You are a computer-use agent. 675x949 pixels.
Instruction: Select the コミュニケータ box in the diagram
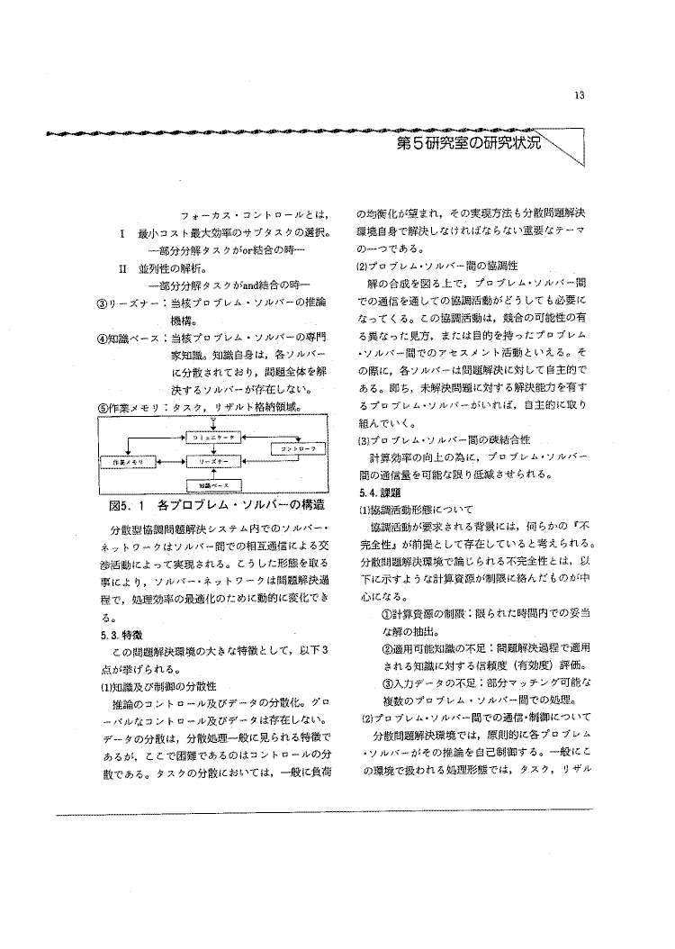(212, 436)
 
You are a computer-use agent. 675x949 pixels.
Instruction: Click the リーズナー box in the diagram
(212, 460)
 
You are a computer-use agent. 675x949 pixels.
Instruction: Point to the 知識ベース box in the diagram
(212, 484)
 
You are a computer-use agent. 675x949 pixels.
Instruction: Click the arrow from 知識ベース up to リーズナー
(212, 473)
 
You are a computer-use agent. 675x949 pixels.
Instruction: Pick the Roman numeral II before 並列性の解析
(122, 268)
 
